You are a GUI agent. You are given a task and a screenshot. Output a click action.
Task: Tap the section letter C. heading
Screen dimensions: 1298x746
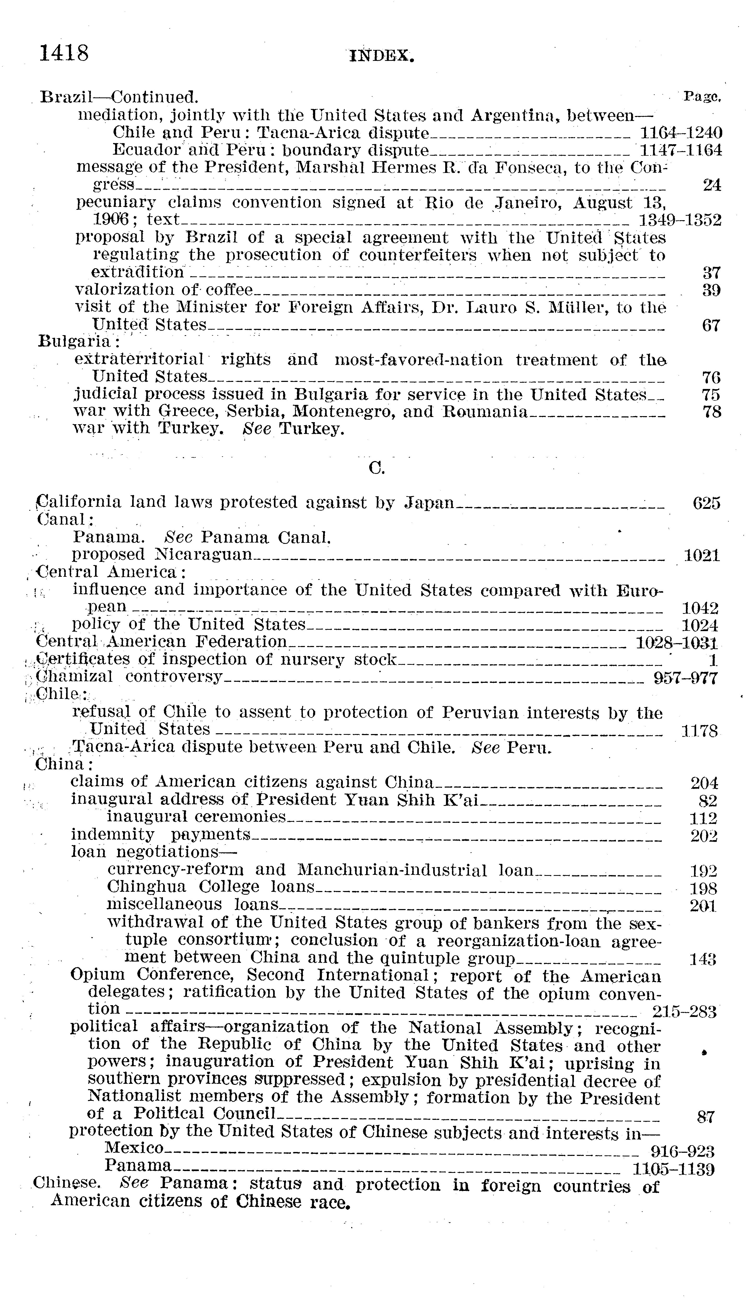377,468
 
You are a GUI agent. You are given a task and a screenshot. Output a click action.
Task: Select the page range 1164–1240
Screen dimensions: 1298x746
681,133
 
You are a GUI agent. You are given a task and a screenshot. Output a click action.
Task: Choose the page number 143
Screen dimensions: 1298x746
702,960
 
